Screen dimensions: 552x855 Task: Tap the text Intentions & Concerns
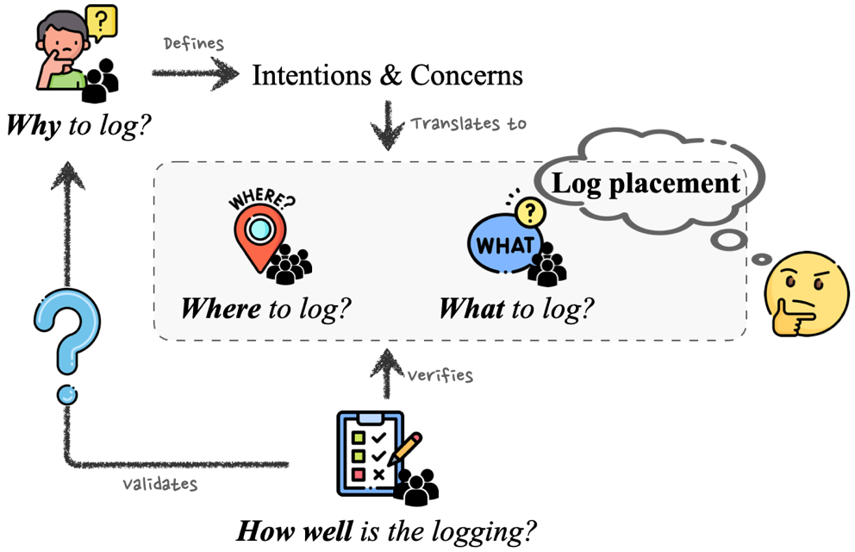(387, 75)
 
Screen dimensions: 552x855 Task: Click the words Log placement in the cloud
(646, 183)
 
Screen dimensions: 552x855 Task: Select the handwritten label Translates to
(468, 123)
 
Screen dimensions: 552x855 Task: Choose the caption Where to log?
(266, 309)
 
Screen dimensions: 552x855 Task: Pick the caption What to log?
(517, 309)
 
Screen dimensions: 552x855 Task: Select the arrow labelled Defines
(195, 74)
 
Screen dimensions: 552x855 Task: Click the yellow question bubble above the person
(102, 22)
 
